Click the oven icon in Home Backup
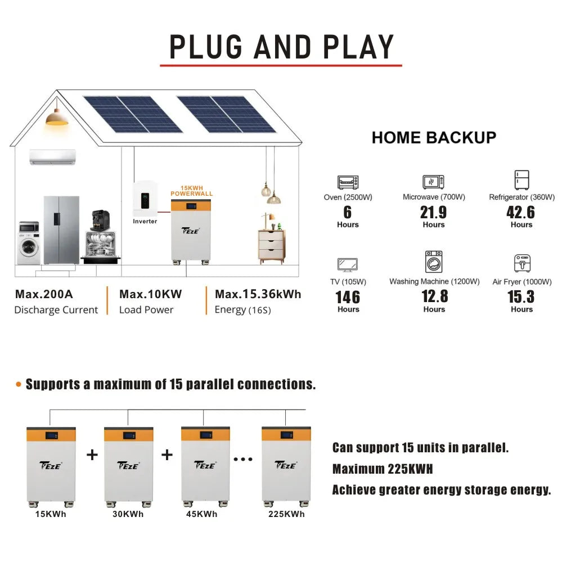coord(348,182)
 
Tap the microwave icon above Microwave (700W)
coord(434,182)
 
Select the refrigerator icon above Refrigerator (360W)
coord(521,180)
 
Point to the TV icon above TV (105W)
coord(347,264)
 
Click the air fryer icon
coord(521,263)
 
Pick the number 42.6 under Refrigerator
coord(521,212)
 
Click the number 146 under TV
coord(348,297)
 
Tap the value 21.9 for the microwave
coord(433,212)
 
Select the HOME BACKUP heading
coord(434,137)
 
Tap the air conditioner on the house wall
coord(53,157)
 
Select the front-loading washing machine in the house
coord(29,242)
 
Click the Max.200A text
coord(44,294)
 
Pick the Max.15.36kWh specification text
coord(258,294)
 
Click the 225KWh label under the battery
coord(286,514)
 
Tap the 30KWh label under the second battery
coord(128,514)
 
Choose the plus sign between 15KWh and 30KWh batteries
coord(92,455)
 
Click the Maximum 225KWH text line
coord(383,469)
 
